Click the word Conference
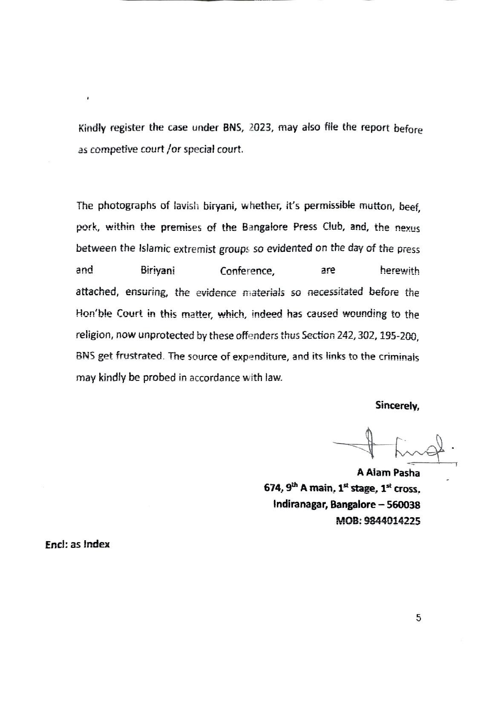[x=247, y=271]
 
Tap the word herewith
[x=399, y=271]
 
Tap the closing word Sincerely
[x=397, y=406]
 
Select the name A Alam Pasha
[x=388, y=473]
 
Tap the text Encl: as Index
[x=78, y=545]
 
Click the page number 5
[x=418, y=618]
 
